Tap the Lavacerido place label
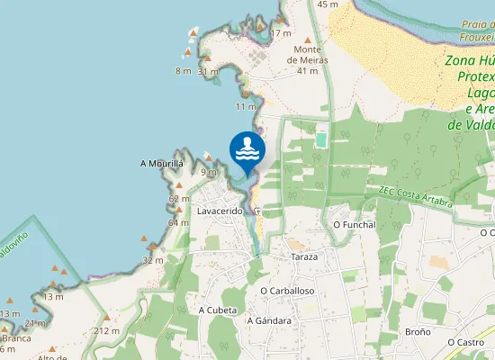[x=220, y=211]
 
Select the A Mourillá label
[x=162, y=164]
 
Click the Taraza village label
[x=304, y=256]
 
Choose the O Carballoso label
[x=287, y=291]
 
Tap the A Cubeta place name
[x=217, y=309]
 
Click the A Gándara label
[x=269, y=319]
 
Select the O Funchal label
[x=354, y=224]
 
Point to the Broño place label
[x=418, y=331]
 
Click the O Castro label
[x=466, y=342]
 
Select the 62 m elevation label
[x=178, y=199]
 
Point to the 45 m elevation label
[x=328, y=4]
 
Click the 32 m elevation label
[x=153, y=260]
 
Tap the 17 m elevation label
[x=281, y=33]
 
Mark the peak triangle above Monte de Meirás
[x=307, y=40]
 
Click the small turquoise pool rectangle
[x=322, y=140]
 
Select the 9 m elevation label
[x=209, y=171]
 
